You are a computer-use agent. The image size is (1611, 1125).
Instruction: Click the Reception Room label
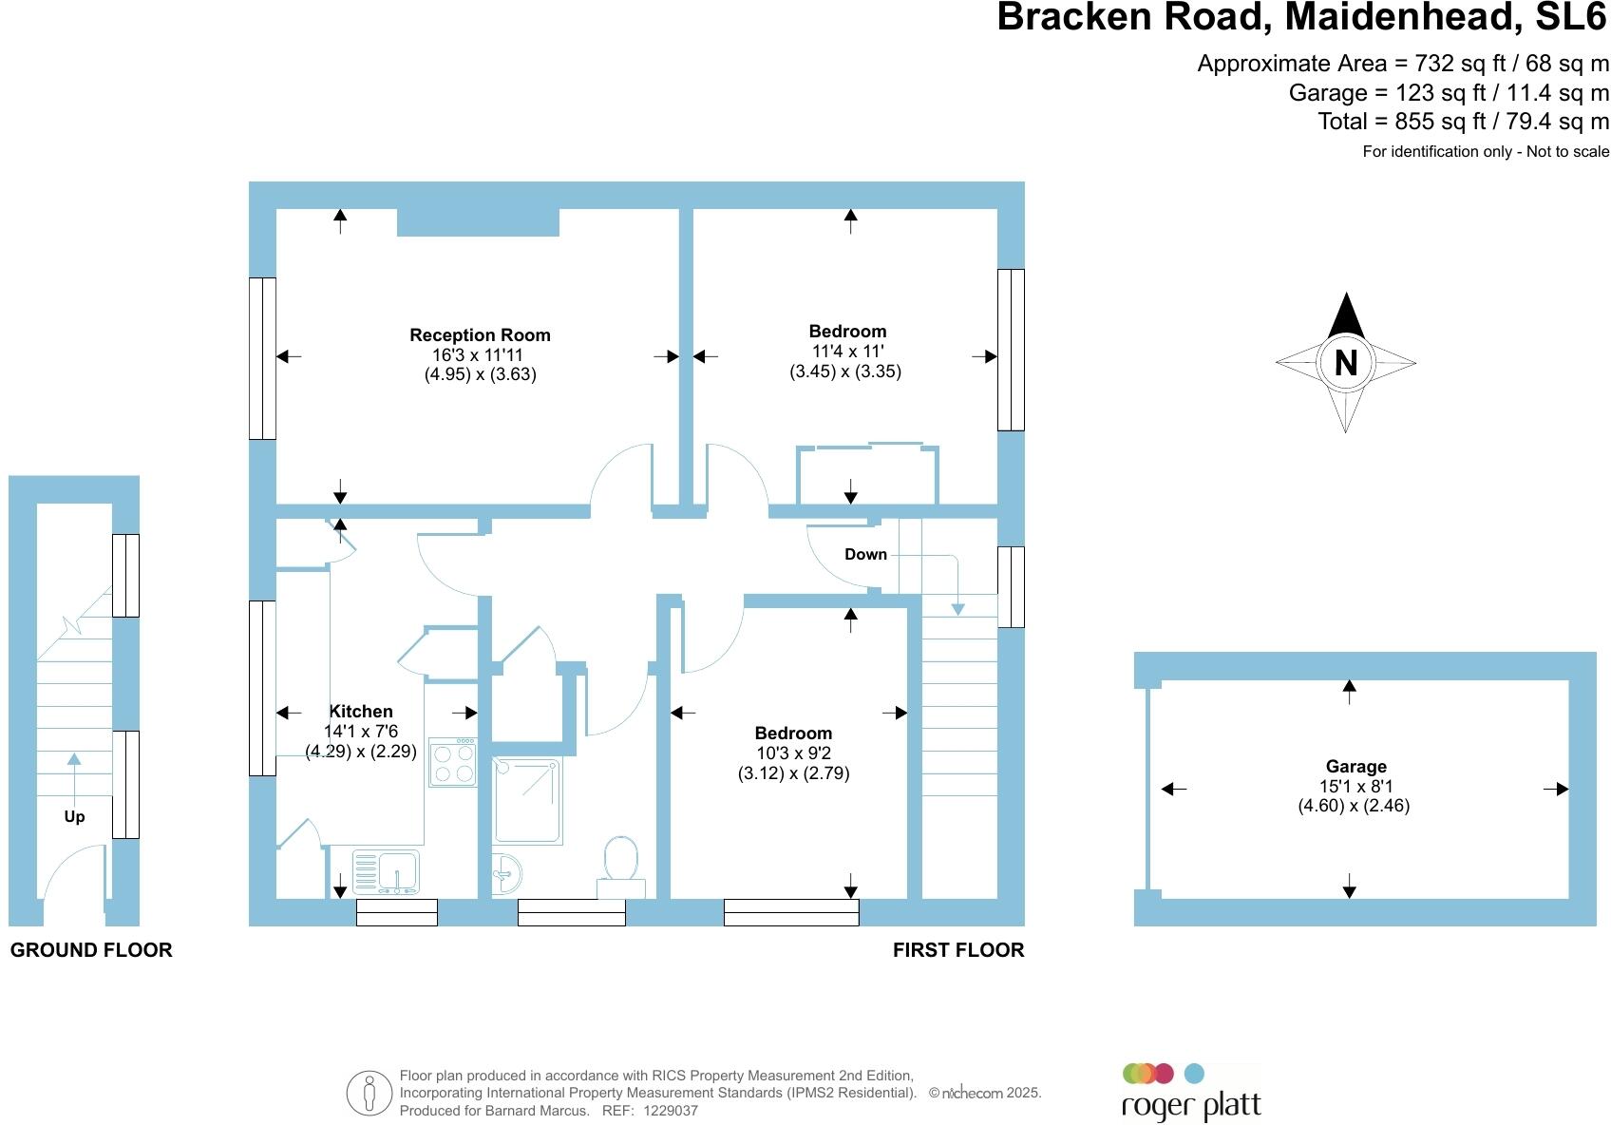point(480,335)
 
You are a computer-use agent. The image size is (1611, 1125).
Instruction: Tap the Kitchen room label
point(361,712)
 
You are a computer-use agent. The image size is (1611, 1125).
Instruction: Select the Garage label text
point(1355,767)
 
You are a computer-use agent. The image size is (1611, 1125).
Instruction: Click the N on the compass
point(1345,363)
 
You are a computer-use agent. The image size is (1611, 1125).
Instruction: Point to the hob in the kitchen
point(452,762)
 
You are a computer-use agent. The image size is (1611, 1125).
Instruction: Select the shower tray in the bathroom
point(527,801)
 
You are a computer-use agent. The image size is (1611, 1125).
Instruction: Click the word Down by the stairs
point(865,555)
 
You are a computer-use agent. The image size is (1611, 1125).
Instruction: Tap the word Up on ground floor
point(74,817)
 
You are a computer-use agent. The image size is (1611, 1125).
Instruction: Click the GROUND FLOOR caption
point(91,950)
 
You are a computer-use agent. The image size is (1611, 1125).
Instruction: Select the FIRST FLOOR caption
point(958,950)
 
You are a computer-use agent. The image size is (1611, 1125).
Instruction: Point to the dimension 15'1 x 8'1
point(1355,787)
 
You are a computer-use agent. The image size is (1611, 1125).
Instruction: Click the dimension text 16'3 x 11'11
point(477,355)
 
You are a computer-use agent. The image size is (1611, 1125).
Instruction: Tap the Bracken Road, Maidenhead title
point(1301,18)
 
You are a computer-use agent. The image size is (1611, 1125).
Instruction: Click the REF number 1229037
point(671,1111)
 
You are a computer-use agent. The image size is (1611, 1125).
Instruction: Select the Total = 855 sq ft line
point(1463,122)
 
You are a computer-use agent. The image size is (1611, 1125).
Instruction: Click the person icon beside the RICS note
point(369,1093)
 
